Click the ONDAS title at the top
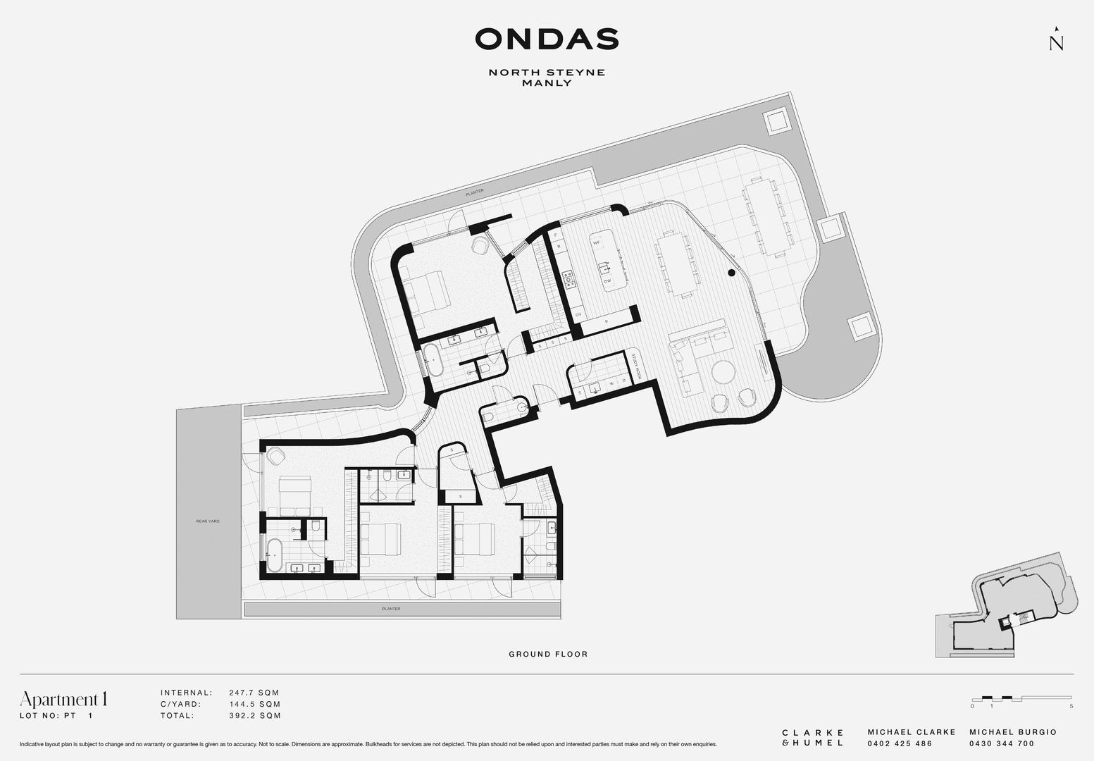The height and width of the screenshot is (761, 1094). point(547,39)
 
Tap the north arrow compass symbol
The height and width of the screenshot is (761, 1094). point(1056,39)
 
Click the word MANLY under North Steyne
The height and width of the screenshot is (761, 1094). point(547,83)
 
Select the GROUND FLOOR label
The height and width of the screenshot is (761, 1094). point(548,655)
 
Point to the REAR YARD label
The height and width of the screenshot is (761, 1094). point(208,521)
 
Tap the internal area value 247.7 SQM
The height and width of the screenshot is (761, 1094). point(254,693)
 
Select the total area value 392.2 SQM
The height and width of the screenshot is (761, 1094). point(254,716)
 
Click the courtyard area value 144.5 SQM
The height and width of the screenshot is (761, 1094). point(254,704)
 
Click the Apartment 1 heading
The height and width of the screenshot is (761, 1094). point(64,699)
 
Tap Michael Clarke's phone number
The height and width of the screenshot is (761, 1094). point(900,744)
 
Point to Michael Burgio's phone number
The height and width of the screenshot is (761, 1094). point(1002,744)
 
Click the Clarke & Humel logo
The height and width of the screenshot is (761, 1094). point(813,738)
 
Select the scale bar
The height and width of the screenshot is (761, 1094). point(1021,698)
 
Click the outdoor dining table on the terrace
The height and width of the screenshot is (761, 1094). point(767,216)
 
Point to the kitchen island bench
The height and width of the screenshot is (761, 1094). point(603,259)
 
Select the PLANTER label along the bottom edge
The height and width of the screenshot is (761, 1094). point(390,609)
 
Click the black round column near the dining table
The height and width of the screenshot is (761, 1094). point(732,272)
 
